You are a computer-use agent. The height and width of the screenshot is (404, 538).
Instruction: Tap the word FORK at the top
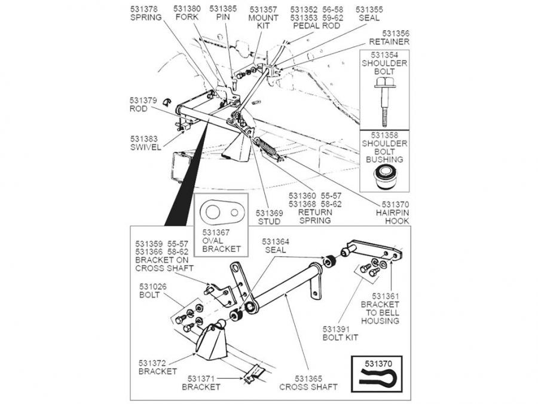point(187,17)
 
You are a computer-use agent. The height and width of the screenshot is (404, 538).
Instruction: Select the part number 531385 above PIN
point(223,9)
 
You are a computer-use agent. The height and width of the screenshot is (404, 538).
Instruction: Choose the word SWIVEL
point(146,147)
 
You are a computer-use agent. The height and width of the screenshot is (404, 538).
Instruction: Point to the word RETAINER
point(389,42)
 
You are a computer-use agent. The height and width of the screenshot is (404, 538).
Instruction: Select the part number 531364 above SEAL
point(276,241)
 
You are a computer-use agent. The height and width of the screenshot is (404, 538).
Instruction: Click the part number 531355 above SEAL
point(369,9)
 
